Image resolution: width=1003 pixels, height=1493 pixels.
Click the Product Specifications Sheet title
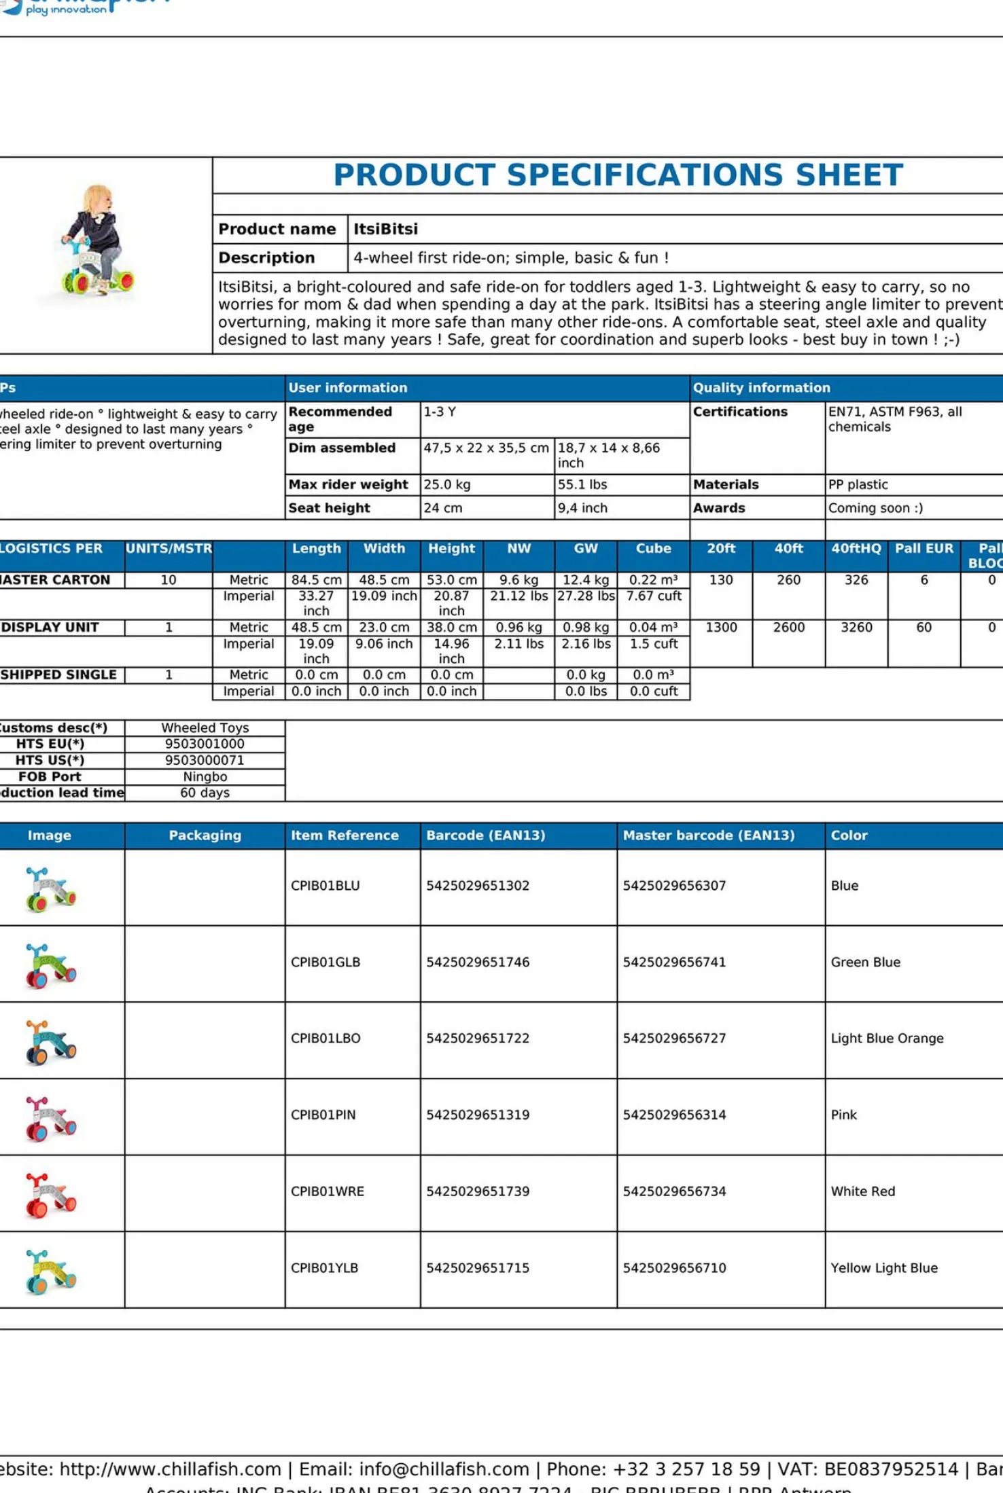tap(618, 175)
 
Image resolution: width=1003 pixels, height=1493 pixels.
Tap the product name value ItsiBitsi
tap(385, 229)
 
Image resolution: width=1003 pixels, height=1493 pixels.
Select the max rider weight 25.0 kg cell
tap(447, 484)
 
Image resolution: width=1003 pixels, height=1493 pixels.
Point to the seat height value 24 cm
tap(443, 508)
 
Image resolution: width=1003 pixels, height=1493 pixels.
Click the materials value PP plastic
tap(858, 484)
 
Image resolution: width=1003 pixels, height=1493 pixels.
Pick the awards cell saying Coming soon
tap(875, 508)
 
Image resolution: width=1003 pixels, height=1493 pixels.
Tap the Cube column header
tap(653, 549)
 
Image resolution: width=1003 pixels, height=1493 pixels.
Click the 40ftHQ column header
tap(856, 549)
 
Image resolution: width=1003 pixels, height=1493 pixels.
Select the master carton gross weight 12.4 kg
tap(585, 580)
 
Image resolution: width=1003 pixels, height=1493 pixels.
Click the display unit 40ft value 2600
tap(788, 628)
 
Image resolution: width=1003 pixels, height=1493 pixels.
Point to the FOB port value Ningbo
tap(205, 776)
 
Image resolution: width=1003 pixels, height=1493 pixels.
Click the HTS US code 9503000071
tap(205, 760)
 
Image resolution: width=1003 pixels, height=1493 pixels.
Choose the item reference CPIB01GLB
tap(325, 962)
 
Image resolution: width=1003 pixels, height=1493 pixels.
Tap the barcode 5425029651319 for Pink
tap(477, 1115)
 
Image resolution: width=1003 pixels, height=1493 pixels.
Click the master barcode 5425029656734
tap(674, 1191)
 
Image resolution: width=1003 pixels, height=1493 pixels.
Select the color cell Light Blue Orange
tap(887, 1038)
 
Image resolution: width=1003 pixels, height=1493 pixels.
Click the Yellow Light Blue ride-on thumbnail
tap(50, 1270)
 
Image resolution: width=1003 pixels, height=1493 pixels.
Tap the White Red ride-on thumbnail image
tap(50, 1194)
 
